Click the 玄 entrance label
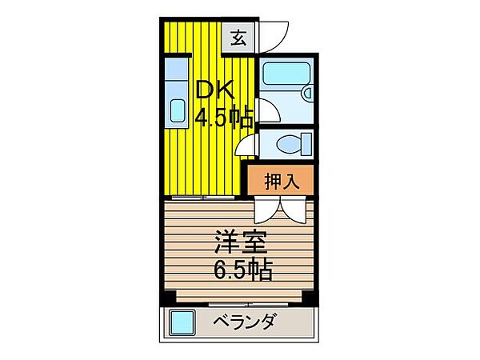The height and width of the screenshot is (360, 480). pos(239,36)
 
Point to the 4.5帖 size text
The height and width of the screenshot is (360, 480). pos(225,118)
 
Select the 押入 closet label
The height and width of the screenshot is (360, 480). pos(282,180)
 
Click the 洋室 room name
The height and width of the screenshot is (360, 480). pos(240,241)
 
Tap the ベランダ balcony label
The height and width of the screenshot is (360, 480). pos(246,323)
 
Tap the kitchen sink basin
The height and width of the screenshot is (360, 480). pos(177,110)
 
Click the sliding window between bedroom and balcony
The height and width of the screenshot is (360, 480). pos(240,304)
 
